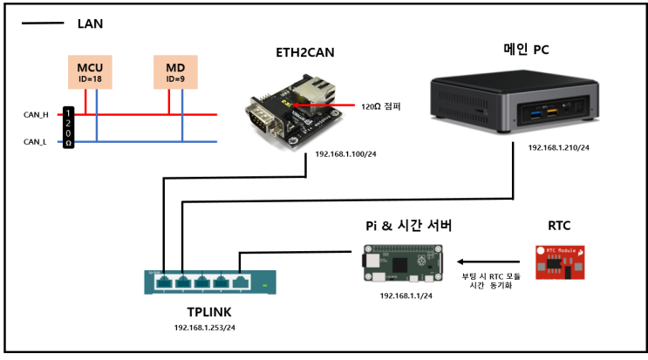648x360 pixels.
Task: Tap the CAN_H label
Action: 36,114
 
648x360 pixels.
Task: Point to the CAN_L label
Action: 36,140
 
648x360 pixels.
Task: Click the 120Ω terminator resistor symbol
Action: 67,127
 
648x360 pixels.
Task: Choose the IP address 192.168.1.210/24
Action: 559,147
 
